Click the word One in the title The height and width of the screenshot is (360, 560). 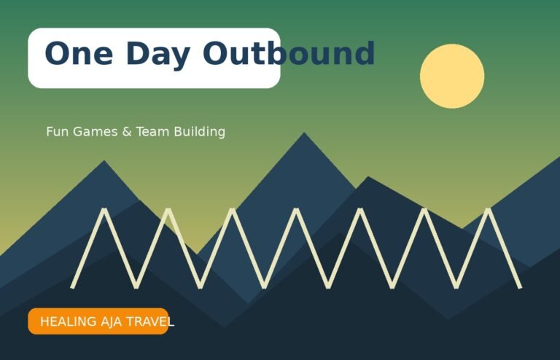click(79, 53)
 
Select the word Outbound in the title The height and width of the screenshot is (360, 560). click(289, 52)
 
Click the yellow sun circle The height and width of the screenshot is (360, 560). click(452, 76)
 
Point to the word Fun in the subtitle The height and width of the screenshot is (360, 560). click(57, 132)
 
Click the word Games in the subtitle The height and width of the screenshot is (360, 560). click(96, 132)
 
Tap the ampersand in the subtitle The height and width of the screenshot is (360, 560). click(127, 132)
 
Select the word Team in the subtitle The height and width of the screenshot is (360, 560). click(152, 132)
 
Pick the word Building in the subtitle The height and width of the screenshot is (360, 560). click(200, 132)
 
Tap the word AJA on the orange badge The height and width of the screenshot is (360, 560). click(111, 321)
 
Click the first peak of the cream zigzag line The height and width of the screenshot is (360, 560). click(104, 209)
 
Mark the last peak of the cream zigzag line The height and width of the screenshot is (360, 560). click(489, 209)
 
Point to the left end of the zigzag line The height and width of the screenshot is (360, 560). click(72, 287)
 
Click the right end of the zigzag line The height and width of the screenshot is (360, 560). click(521, 287)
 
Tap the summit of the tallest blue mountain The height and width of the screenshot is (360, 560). click(304, 133)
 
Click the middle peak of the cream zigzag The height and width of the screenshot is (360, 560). click(296, 209)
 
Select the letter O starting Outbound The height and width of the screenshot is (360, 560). click(215, 53)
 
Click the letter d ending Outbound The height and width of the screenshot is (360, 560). click(364, 52)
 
